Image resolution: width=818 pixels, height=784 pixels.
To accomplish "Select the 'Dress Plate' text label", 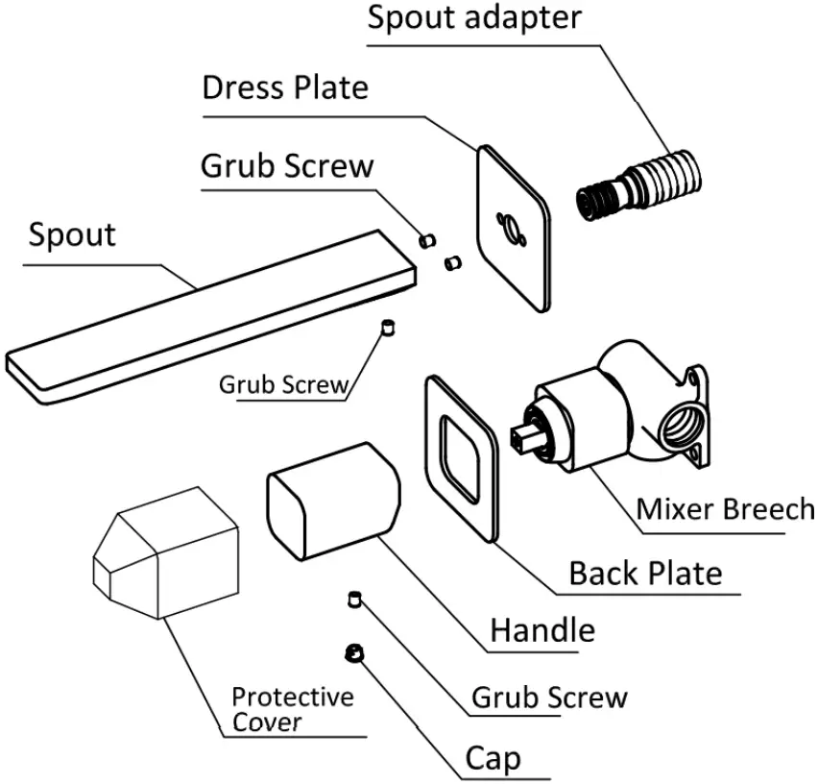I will click(x=285, y=87).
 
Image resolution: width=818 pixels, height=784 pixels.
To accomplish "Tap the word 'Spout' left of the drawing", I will click(x=72, y=233).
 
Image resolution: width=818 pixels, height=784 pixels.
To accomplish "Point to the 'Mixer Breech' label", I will click(x=725, y=508).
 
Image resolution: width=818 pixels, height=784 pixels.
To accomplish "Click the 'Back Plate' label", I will click(x=645, y=574).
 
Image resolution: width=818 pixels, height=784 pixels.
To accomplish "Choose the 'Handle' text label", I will click(x=542, y=630).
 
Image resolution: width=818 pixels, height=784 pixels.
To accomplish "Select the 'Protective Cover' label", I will click(x=293, y=709).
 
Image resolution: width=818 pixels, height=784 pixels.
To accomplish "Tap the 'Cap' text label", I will click(x=493, y=759).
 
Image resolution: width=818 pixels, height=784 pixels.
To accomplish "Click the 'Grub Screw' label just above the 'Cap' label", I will click(x=549, y=697).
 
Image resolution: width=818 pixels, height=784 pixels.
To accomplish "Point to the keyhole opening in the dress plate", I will click(x=509, y=229).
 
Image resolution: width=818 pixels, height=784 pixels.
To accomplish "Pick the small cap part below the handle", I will click(x=352, y=653).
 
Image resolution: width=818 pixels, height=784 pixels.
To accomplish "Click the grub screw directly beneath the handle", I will click(x=354, y=600).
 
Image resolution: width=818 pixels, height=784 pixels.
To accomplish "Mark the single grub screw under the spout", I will click(x=389, y=328).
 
